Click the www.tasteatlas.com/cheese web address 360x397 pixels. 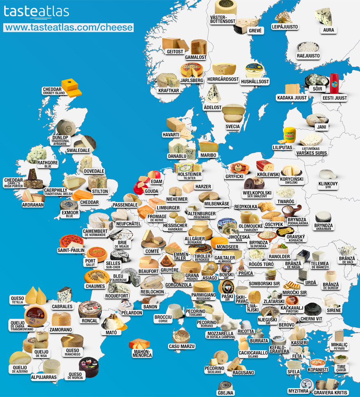pyautogui.click(x=69, y=27)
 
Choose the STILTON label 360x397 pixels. pyautogui.click(x=100, y=191)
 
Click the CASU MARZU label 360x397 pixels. pyautogui.click(x=182, y=346)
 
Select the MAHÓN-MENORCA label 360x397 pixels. pyautogui.click(x=142, y=353)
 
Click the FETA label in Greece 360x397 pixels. pyautogui.click(x=297, y=357)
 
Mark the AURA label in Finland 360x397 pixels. pyautogui.click(x=328, y=30)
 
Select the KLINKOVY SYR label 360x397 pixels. pyautogui.click(x=328, y=185)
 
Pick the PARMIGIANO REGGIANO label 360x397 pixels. pyautogui.click(x=204, y=296)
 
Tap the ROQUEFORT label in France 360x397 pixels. pyautogui.click(x=117, y=296)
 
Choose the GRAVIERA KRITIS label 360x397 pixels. pyautogui.click(x=330, y=392)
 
